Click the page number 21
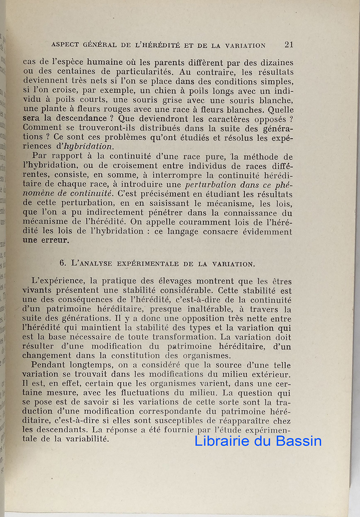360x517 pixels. coord(289,44)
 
